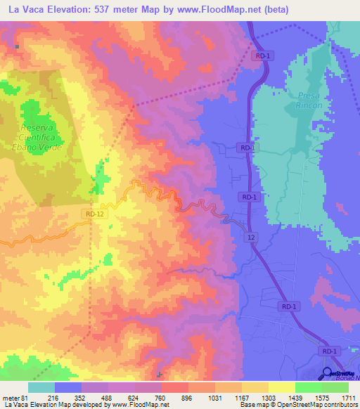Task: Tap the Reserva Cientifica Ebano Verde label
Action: [x=41, y=137]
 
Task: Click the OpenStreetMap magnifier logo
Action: [x=328, y=375]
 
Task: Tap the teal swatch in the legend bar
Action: [x=41, y=387]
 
